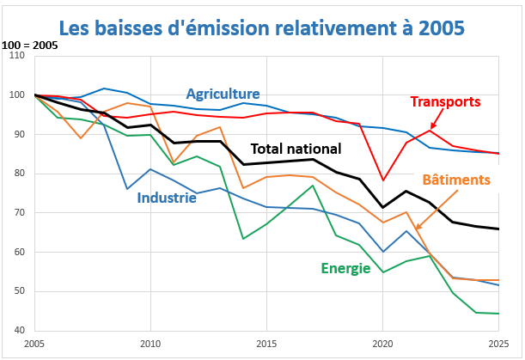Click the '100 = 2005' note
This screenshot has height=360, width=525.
pos(30,44)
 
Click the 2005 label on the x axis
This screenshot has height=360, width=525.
pos(34,345)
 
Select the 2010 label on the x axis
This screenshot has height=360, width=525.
pos(150,345)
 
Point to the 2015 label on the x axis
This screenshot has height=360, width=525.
pos(266,345)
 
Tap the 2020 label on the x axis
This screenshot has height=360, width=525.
pos(382,345)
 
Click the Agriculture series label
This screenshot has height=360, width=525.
pos(223,94)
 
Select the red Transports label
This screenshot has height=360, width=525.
pos(445,101)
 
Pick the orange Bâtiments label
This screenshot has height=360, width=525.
pos(456,180)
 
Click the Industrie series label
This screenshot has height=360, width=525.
pos(167,198)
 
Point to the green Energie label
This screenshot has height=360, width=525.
pos(346,268)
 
